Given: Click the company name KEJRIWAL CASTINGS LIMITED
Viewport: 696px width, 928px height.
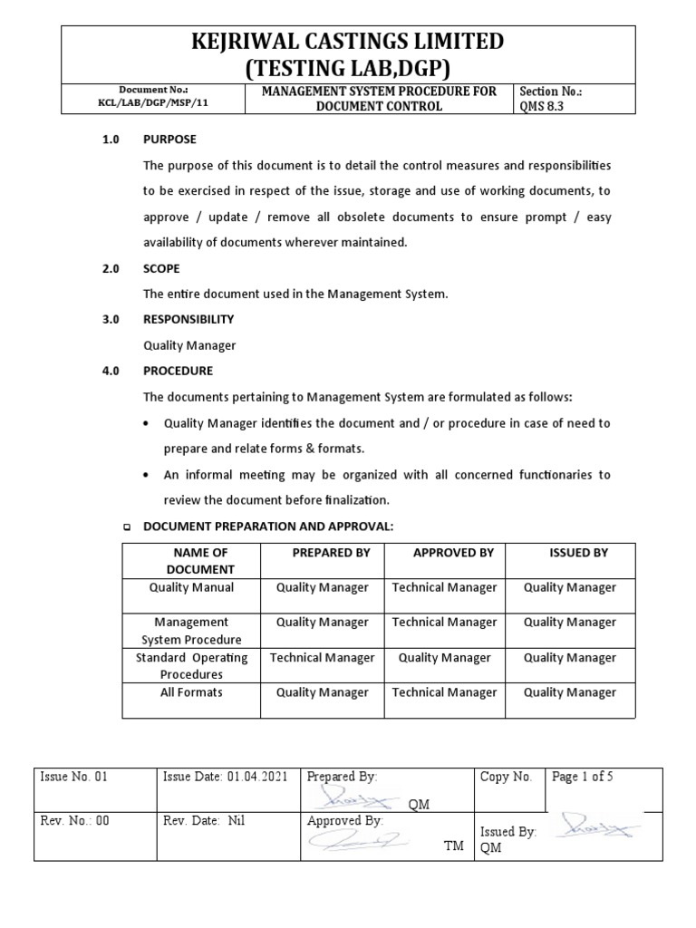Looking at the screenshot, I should point(347,42).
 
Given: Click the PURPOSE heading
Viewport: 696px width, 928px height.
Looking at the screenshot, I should point(169,140).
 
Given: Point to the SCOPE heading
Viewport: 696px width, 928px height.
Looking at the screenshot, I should point(161,269).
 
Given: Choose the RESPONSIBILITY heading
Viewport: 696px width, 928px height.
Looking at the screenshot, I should point(188,320).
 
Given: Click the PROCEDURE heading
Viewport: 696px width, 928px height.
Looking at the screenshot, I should point(178,371).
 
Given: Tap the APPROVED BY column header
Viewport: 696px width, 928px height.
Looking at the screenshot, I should point(453,553).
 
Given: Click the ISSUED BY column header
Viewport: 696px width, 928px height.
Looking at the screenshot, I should point(578,553).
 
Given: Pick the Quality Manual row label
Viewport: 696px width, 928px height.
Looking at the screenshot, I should point(191,587).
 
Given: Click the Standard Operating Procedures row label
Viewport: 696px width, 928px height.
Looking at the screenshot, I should point(191,666).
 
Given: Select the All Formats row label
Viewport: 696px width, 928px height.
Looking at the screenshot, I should point(191,692).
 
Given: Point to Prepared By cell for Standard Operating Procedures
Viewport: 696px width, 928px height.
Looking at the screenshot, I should point(322,658).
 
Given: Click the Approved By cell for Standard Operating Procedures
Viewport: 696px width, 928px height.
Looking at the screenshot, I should point(444,658).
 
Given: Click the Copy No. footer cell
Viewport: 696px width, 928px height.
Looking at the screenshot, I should point(508,778).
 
